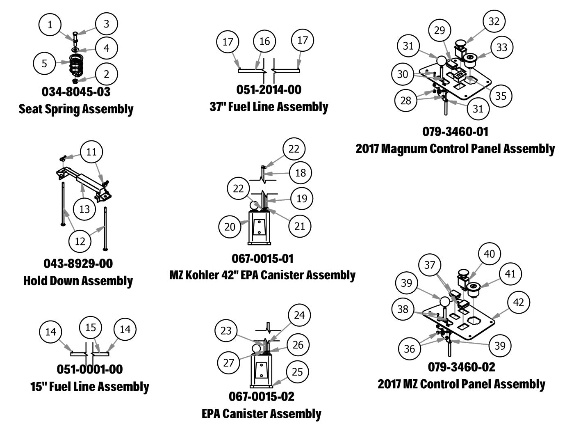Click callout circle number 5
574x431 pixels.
click(x=44, y=63)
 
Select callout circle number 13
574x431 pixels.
click(x=84, y=209)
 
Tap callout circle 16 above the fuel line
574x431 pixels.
click(x=265, y=41)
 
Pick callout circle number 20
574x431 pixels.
click(x=230, y=226)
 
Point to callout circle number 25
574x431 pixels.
click(x=297, y=371)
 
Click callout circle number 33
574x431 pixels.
click(x=501, y=47)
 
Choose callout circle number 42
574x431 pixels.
click(x=519, y=302)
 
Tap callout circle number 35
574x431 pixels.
click(x=501, y=96)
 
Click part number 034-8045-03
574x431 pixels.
click(x=76, y=92)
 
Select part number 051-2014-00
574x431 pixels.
click(x=269, y=89)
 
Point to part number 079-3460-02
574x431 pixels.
click(x=461, y=367)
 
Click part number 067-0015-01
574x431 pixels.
click(x=263, y=259)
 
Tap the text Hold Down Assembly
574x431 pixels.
click(x=78, y=281)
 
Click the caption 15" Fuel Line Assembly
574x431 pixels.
click(x=89, y=387)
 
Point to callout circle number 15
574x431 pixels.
click(x=91, y=327)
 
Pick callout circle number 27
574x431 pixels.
click(x=228, y=362)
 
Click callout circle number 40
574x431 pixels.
click(x=490, y=254)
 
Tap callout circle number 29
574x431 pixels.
click(x=439, y=30)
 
